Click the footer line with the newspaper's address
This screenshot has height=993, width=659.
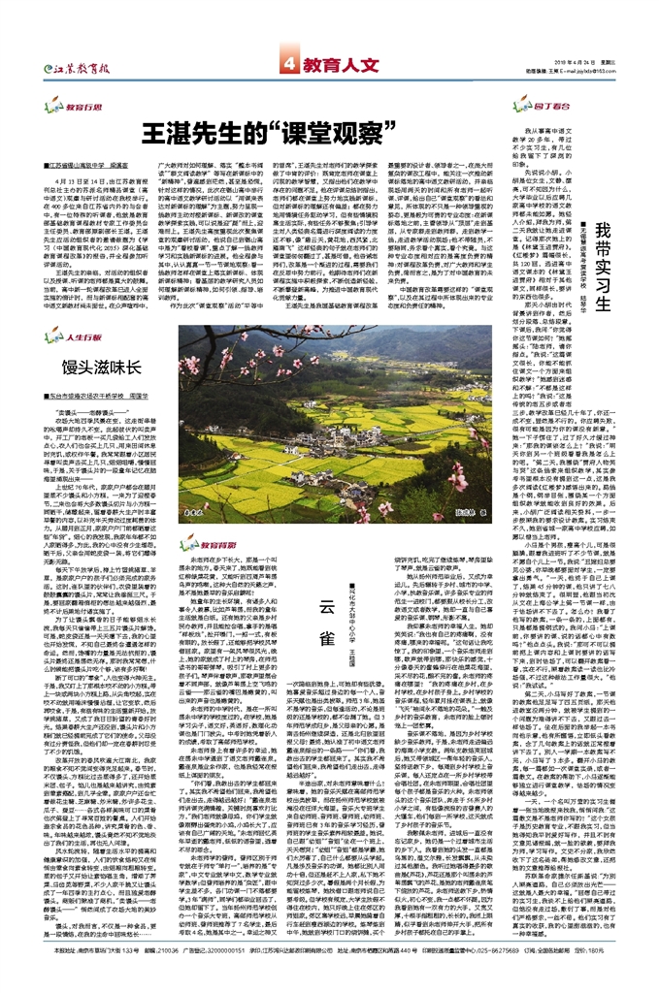coord(320,976)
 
